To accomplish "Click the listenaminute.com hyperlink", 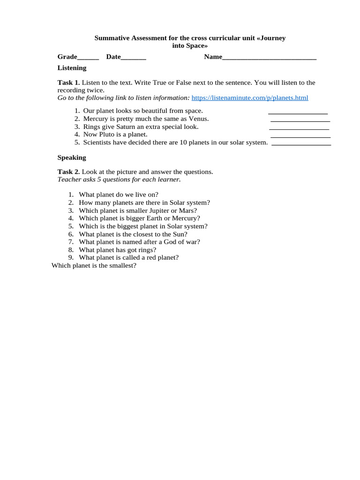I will tap(250, 98).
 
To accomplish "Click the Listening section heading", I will tap(72, 68).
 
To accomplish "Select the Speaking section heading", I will tap(72, 157).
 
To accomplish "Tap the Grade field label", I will tap(67, 57).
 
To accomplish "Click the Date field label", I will tap(113, 57).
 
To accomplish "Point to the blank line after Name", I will tap(269, 58).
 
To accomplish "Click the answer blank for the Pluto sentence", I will tap(300, 136).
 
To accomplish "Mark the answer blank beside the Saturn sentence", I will tap(299, 128).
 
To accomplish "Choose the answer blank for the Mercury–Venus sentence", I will tap(300, 120).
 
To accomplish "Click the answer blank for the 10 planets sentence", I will tap(301, 144).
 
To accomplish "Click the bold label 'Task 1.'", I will tap(69, 82).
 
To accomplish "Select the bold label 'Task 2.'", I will tap(69, 172).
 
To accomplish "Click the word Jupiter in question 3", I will tap(154, 210).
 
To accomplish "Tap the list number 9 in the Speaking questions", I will tap(71, 257).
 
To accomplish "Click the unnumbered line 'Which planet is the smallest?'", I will tap(94, 265).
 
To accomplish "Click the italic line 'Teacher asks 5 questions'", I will tap(119, 180).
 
